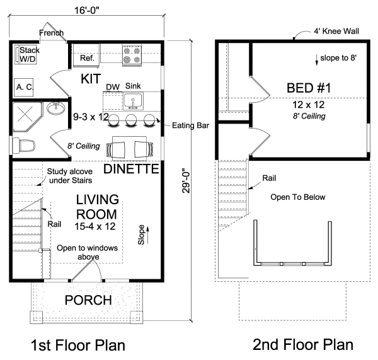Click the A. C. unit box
tap(24, 87)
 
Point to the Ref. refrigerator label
tap(87, 58)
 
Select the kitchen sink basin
tap(133, 100)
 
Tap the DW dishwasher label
tap(113, 86)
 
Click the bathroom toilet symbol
tap(23, 146)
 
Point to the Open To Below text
tap(298, 197)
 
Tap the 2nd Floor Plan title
tap(303, 345)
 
